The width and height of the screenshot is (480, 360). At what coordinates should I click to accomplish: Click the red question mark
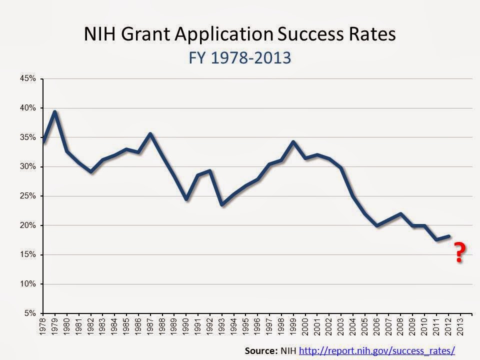pos(458,253)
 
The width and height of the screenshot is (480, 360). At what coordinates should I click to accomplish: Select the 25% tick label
pos(29,196)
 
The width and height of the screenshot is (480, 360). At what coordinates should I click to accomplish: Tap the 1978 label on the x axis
pos(43,326)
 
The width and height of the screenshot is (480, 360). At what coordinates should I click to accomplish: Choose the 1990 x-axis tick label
pos(186,326)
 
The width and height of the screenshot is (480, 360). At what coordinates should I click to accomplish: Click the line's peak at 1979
pos(55,112)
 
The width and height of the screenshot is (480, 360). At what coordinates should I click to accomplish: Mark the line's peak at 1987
pos(150,134)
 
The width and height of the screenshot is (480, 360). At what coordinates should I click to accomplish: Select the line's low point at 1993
pos(222,204)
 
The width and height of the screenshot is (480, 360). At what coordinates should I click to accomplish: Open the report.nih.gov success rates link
pos(376,350)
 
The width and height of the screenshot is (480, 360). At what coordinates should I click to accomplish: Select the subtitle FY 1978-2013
pos(239,57)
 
